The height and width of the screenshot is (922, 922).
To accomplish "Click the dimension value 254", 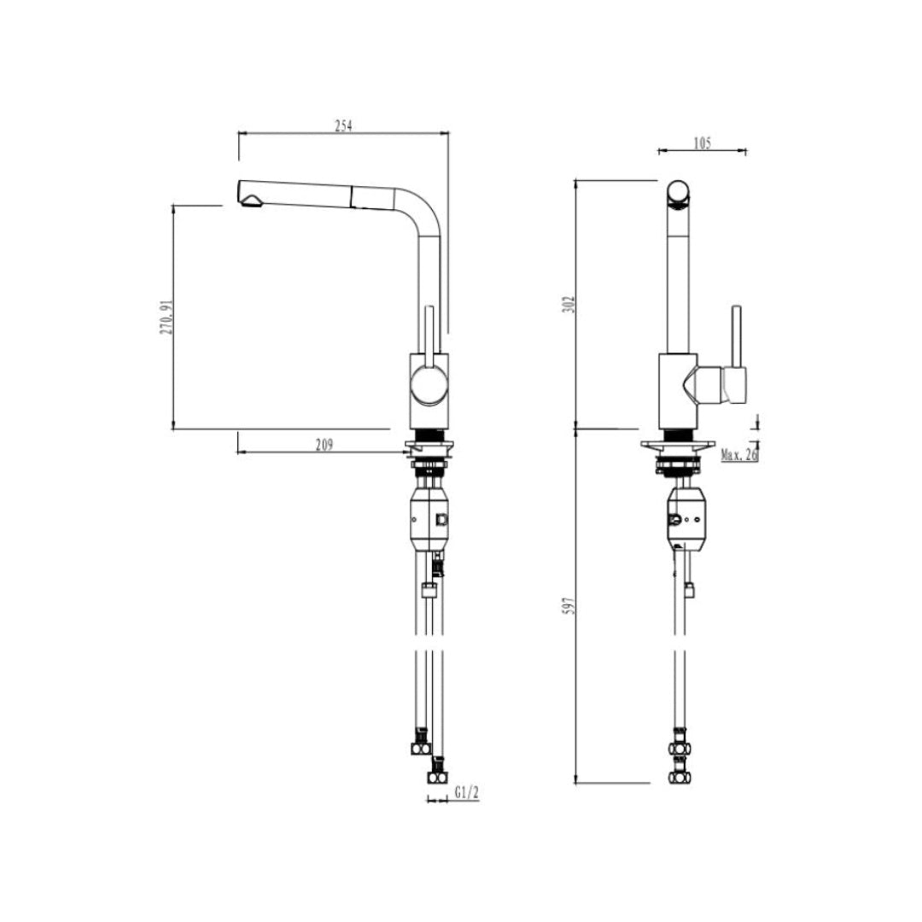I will click(343, 125).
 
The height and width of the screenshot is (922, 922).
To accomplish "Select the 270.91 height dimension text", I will click(166, 317).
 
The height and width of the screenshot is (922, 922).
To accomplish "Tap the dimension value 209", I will click(324, 444).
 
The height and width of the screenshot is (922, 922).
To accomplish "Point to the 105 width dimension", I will click(702, 143).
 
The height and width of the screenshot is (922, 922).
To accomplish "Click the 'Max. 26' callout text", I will click(739, 455).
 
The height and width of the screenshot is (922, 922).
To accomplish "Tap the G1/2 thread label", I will click(467, 793).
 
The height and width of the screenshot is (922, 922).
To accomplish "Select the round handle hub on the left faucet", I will click(428, 382).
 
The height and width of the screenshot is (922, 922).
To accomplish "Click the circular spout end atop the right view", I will click(680, 193).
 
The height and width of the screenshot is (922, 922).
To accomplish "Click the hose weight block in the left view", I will click(430, 519).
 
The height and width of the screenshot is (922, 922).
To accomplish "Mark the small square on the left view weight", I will click(441, 519).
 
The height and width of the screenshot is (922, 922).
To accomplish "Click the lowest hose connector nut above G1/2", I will click(437, 777).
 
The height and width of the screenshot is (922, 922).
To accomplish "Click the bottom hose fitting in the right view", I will click(680, 776).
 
